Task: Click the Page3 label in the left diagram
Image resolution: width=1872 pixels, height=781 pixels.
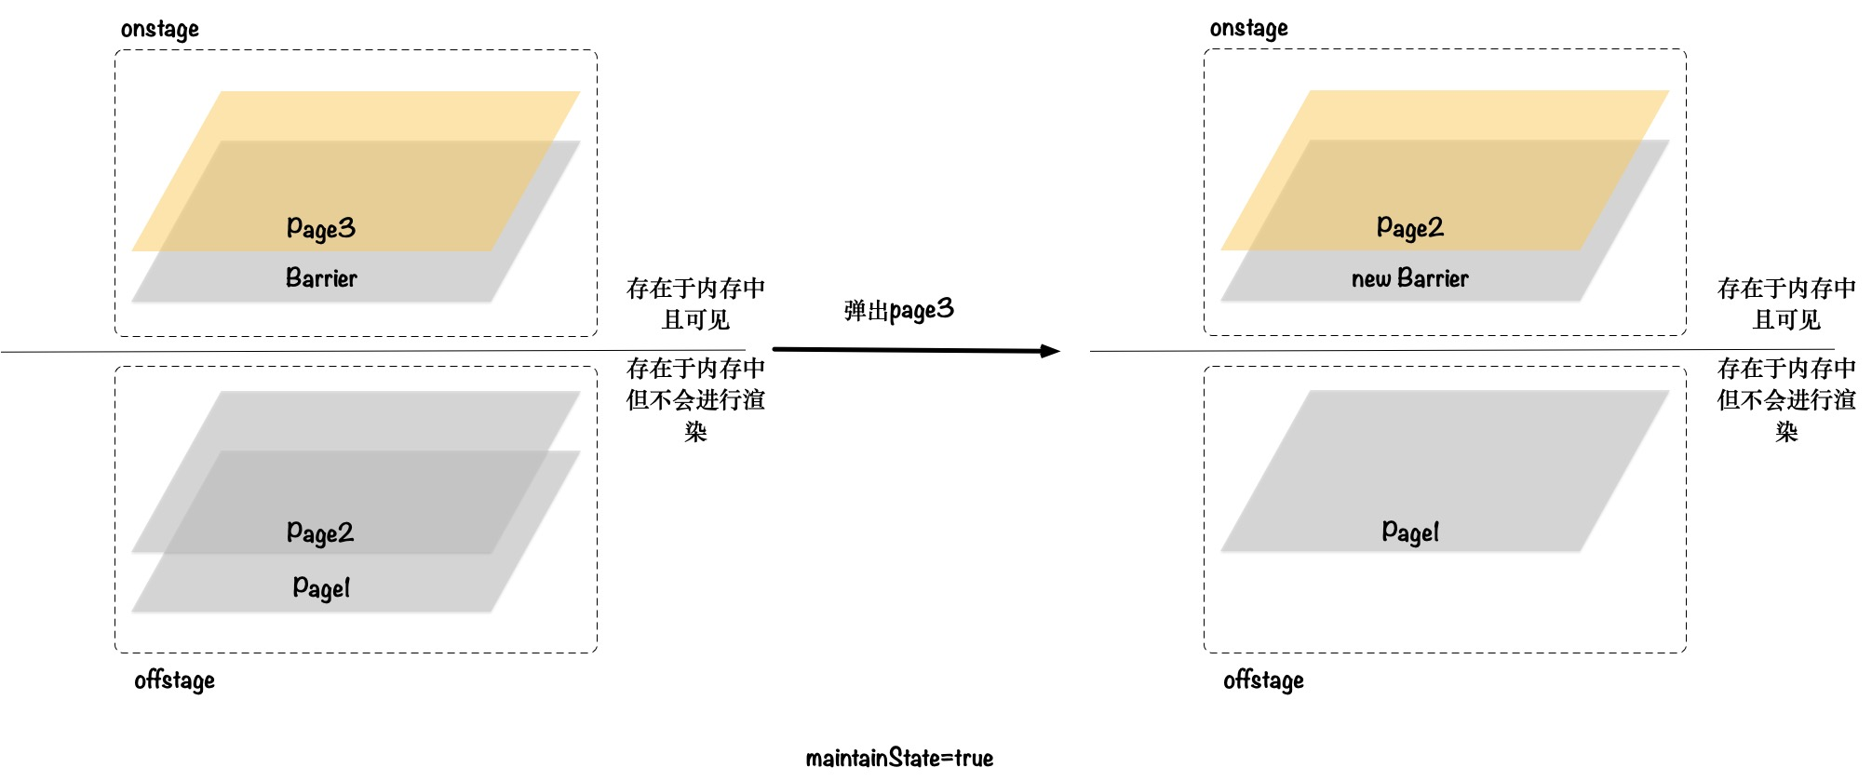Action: [321, 228]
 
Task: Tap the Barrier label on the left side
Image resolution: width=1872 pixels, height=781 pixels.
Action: [321, 277]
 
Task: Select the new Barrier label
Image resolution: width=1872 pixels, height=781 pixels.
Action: [1409, 277]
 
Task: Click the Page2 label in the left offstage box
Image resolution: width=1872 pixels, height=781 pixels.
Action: [320, 532]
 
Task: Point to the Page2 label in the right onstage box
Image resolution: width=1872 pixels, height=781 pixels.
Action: [1409, 227]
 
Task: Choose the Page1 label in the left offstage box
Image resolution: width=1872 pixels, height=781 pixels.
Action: [321, 587]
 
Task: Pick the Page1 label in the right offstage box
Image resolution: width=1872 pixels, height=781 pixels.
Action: [1410, 532]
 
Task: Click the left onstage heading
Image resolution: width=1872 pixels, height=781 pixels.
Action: [159, 29]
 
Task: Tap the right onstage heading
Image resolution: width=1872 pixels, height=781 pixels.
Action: [1248, 28]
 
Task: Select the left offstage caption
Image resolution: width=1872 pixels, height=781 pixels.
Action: [174, 680]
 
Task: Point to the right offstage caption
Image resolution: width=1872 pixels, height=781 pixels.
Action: [1263, 680]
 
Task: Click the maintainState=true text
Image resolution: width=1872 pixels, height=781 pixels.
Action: [899, 758]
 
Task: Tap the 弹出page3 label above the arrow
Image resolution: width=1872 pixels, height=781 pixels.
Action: [898, 310]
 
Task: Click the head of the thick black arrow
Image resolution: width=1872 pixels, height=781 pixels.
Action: [1051, 351]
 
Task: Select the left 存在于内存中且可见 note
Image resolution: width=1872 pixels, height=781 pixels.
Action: [695, 303]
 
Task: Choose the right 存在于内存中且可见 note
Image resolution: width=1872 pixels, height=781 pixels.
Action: [1785, 303]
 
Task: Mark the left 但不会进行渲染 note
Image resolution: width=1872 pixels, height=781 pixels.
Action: [695, 399]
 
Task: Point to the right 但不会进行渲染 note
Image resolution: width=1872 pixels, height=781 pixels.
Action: [1785, 399]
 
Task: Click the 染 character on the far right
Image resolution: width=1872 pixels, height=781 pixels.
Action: [1785, 431]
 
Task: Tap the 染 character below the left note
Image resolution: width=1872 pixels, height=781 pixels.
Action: [695, 431]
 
